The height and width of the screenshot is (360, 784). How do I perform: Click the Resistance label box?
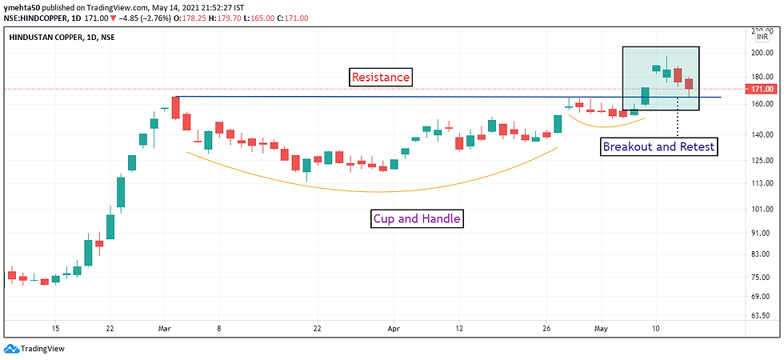(380, 78)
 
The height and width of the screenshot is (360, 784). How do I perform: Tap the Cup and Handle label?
(418, 218)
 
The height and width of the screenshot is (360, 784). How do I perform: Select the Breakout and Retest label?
(658, 146)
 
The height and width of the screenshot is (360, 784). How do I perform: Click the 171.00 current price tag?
(762, 89)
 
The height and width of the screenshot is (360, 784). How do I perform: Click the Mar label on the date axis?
(165, 328)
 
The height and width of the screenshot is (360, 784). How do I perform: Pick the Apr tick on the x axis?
(392, 328)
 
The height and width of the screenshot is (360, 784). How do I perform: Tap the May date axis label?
(600, 328)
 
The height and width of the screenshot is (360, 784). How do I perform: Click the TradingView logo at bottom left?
(34, 349)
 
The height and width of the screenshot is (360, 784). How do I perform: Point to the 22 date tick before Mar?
(110, 328)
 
